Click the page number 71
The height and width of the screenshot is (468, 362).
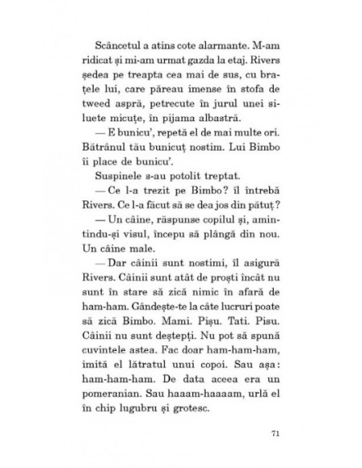pyautogui.click(x=274, y=434)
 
